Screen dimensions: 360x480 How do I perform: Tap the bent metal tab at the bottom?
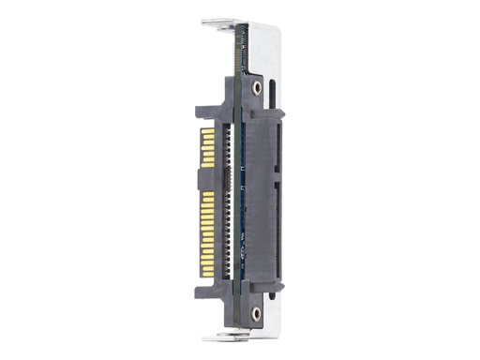[x=218, y=337]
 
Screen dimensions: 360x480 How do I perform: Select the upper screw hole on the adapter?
[x=257, y=87]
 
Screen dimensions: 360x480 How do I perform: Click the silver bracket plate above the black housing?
[x=267, y=47]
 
